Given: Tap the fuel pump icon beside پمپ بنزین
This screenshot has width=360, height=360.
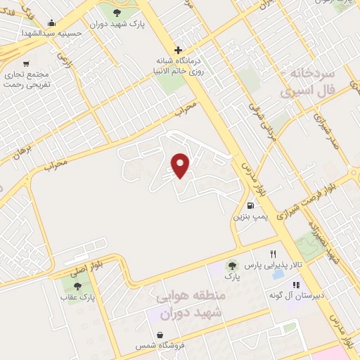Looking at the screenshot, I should click(251, 206).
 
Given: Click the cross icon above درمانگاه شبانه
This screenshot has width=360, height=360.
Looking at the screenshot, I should click(179, 50).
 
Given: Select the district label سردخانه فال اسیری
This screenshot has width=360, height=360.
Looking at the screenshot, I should click(309, 82).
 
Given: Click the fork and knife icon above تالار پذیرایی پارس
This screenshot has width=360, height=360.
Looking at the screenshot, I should click(274, 254).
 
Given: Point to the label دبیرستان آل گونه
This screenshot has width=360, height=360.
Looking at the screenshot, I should click(295, 296).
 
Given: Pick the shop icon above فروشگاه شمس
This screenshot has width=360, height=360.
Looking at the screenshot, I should click(162, 335).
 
